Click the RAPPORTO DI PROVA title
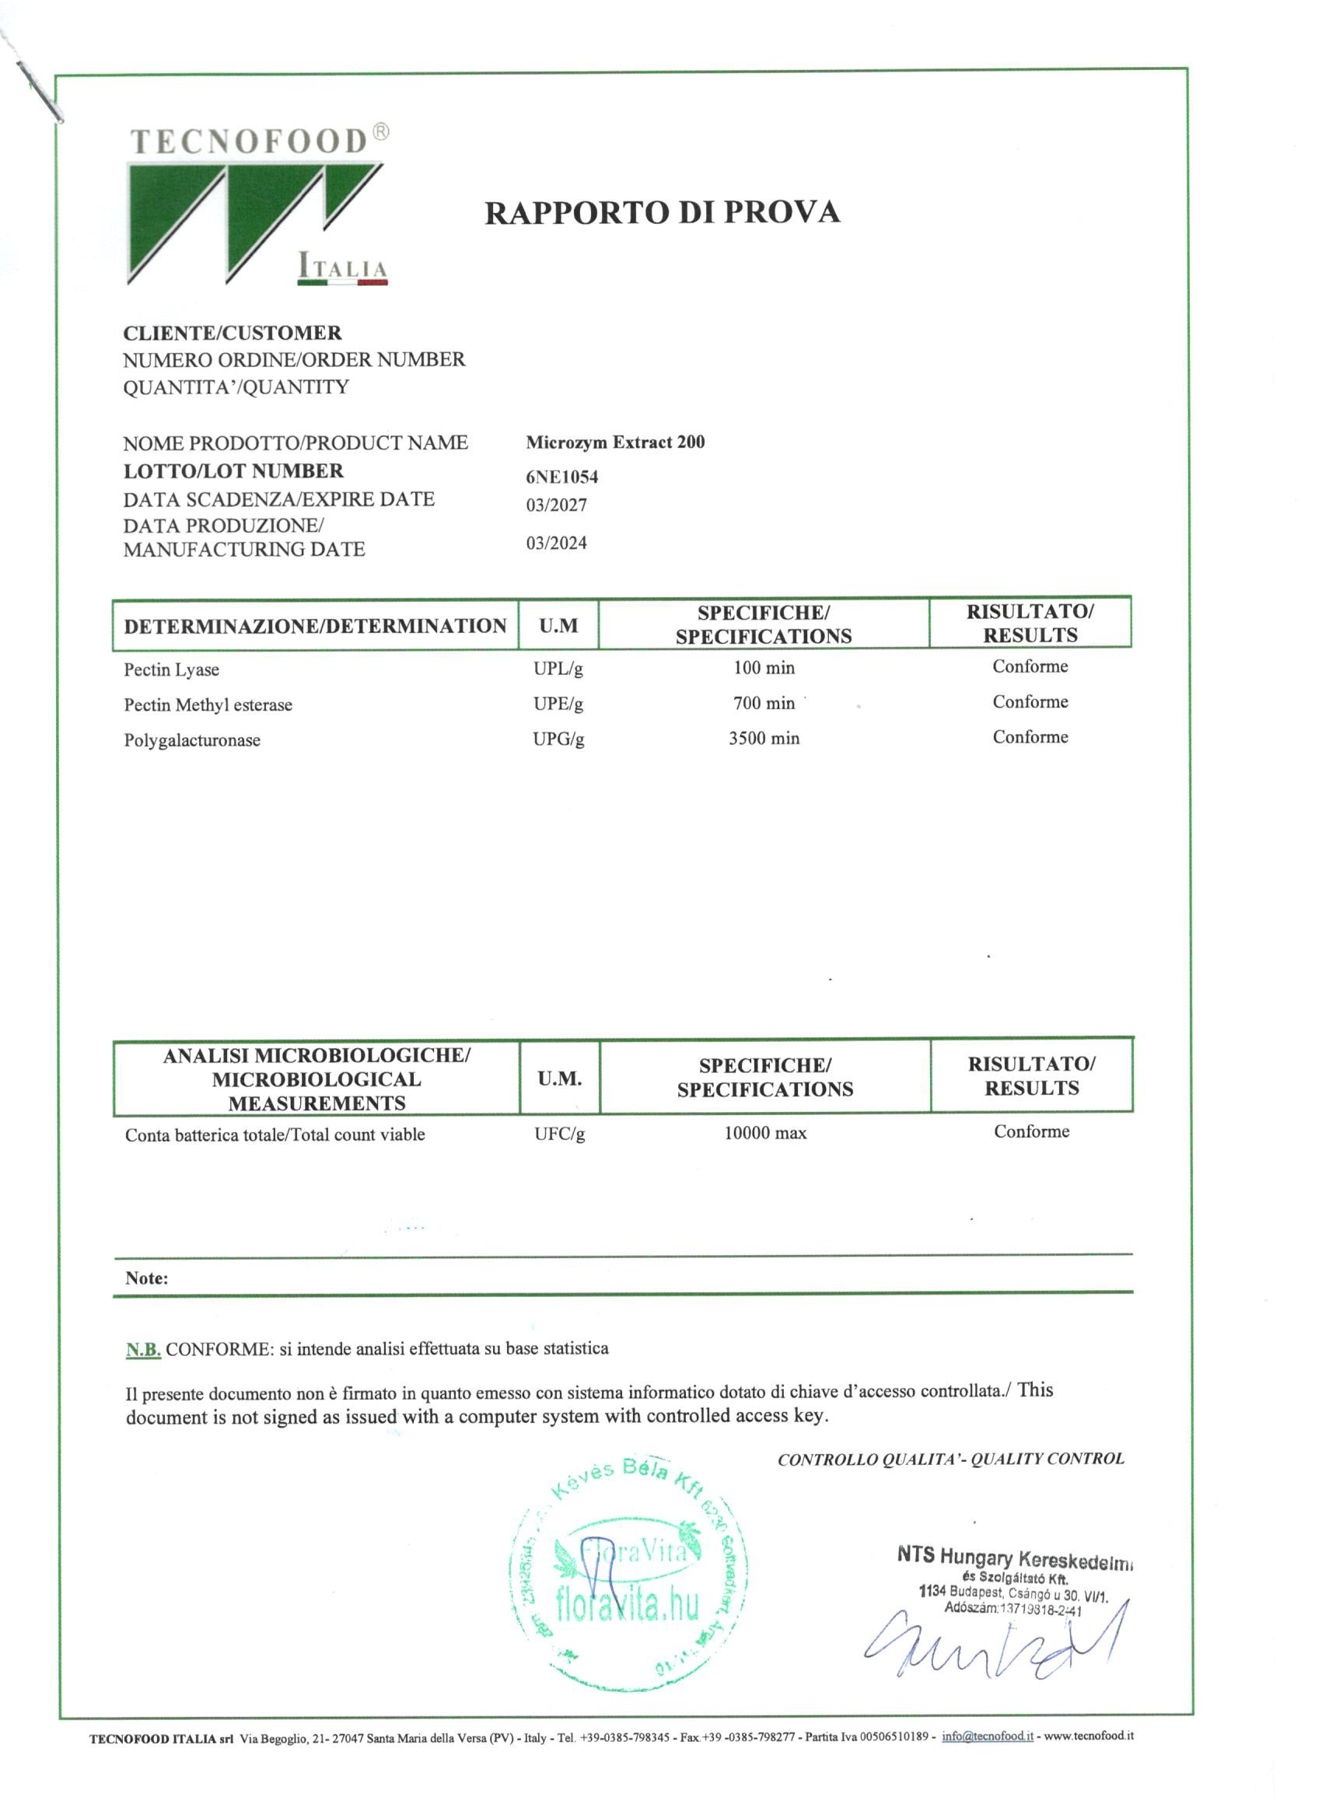[663, 213]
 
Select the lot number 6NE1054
[562, 477]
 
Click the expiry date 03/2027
[556, 505]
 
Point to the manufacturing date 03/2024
[556, 544]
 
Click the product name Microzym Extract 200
[615, 442]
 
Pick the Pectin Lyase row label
[171, 670]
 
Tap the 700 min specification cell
[763, 704]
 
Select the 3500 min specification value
[763, 738]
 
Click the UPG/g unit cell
[558, 739]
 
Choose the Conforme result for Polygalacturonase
[1030, 737]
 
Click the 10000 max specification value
[765, 1134]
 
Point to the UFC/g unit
[560, 1135]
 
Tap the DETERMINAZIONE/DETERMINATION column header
[315, 627]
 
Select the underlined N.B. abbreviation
[144, 1350]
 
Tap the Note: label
[147, 1278]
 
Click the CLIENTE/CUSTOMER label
[233, 334]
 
